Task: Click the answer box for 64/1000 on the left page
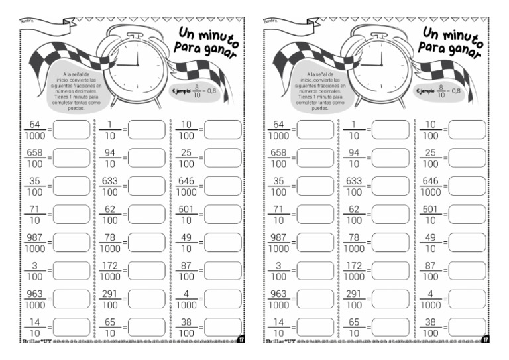tap(71, 130)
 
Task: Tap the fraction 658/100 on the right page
tap(279, 158)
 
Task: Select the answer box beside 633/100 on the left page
tap(146, 186)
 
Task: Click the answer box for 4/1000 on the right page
tap(467, 299)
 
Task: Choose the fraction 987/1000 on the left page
tap(34, 243)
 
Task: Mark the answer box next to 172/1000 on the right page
tap(390, 270)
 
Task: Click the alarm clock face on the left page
tap(138, 66)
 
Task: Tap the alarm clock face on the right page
tap(382, 66)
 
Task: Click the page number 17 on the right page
tap(486, 340)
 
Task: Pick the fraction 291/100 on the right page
tap(355, 299)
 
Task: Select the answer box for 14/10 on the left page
tap(71, 327)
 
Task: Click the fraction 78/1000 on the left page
tap(110, 243)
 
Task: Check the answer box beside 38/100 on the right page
tap(467, 327)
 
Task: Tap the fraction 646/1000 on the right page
tap(431, 186)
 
